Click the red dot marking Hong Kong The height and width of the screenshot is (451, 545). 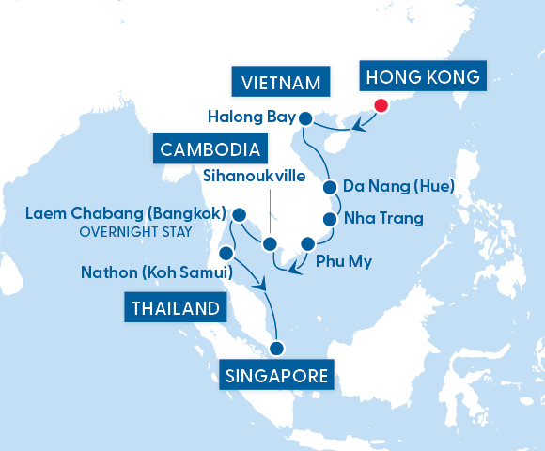381,105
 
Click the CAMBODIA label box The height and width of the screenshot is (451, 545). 210,149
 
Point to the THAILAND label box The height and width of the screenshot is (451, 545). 177,308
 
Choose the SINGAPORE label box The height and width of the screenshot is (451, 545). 277,377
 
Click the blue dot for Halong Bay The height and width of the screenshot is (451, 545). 305,118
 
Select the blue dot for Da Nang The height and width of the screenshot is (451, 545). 330,188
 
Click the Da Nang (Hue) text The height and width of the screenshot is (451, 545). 399,188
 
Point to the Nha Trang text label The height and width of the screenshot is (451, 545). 383,219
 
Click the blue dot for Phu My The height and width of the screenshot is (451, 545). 306,244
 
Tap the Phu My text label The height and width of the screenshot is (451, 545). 344,261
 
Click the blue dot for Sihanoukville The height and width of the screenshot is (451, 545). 269,244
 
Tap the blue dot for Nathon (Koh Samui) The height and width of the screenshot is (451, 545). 226,254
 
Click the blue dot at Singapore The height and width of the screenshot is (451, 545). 276,349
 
